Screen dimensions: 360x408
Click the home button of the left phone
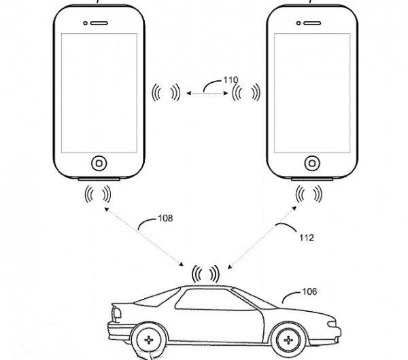pyautogui.click(x=100, y=164)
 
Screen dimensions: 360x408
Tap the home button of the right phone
pyautogui.click(x=312, y=163)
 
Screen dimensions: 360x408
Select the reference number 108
pyautogui.click(x=165, y=219)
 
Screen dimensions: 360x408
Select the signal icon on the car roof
pyautogui.click(x=205, y=273)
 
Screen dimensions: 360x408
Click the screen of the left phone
pyautogui.click(x=100, y=92)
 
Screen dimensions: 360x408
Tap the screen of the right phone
pyautogui.click(x=312, y=92)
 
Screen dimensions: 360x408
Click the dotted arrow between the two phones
pyautogui.click(x=206, y=94)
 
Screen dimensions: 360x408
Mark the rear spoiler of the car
pyautogui.click(x=114, y=310)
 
